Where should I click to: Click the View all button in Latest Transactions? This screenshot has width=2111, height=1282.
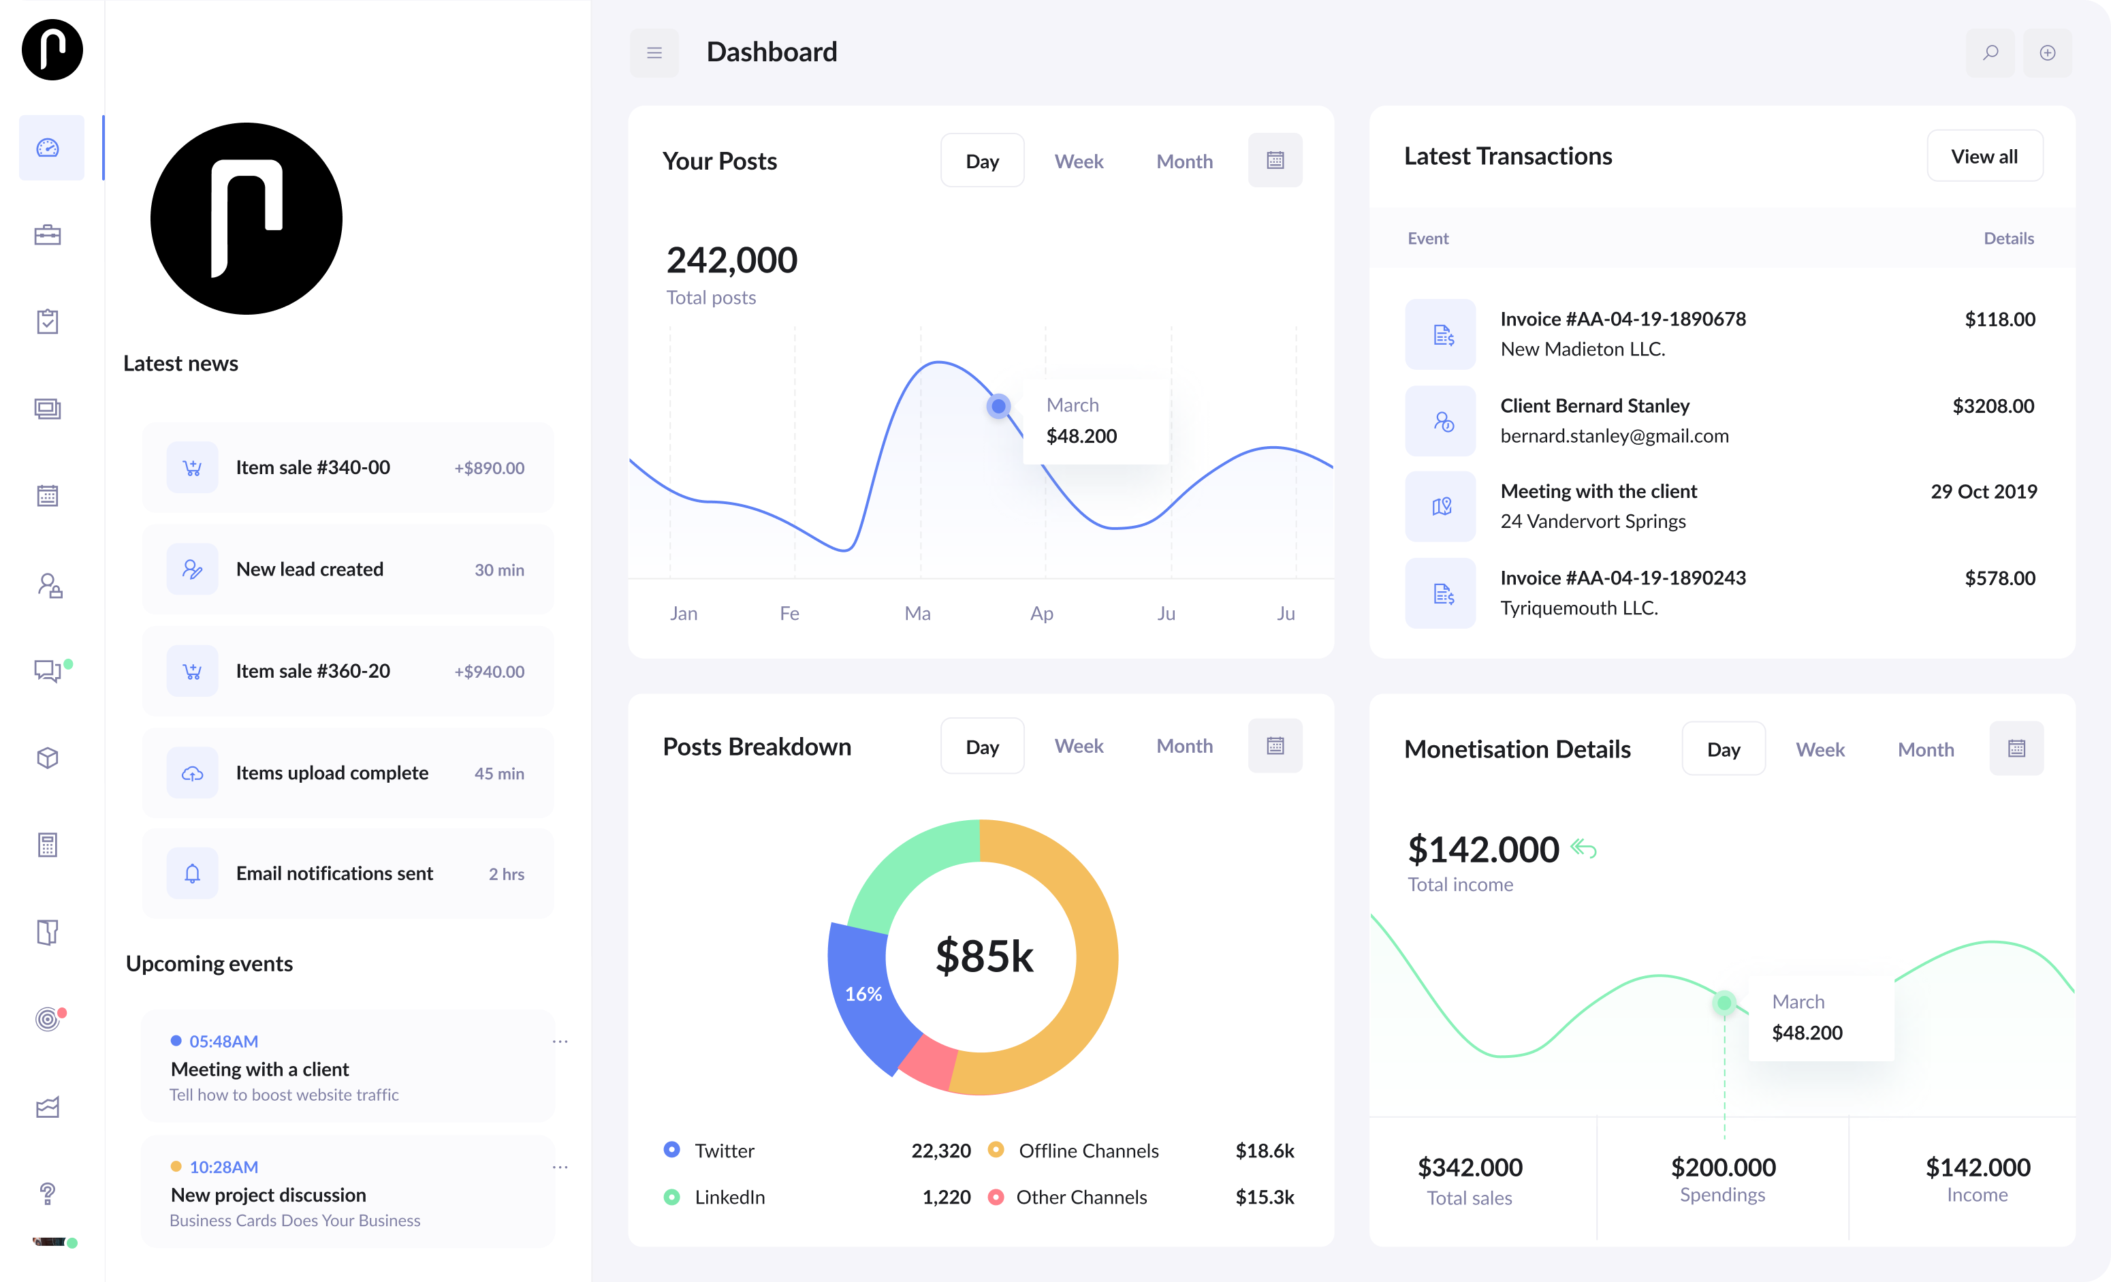tap(1984, 156)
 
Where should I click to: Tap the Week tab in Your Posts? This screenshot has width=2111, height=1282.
tap(1079, 161)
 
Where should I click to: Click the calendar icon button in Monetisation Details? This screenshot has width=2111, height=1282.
tap(2016, 748)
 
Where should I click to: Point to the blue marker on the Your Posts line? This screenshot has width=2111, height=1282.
tap(998, 405)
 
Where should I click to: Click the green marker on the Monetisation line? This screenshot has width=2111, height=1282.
tap(1724, 1003)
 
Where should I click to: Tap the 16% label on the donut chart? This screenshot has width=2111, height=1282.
tap(863, 994)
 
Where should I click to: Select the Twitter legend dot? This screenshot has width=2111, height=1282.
tap(671, 1150)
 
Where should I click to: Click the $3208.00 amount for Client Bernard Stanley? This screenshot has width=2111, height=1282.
tap(1993, 406)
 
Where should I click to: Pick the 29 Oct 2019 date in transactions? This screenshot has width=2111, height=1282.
tap(1984, 491)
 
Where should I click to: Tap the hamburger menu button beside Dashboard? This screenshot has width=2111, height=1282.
tap(654, 53)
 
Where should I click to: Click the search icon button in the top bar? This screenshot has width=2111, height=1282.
tap(1990, 53)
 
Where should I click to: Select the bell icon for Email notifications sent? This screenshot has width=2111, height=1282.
tap(193, 873)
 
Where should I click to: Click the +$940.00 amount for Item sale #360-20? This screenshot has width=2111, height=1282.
tap(489, 672)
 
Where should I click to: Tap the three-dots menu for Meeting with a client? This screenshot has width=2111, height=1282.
tap(560, 1041)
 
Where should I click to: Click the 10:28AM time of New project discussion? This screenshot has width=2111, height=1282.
tap(223, 1167)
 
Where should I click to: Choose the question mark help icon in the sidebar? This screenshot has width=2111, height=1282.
tap(48, 1193)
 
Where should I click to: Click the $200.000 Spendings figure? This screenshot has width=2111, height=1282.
tap(1723, 1167)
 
